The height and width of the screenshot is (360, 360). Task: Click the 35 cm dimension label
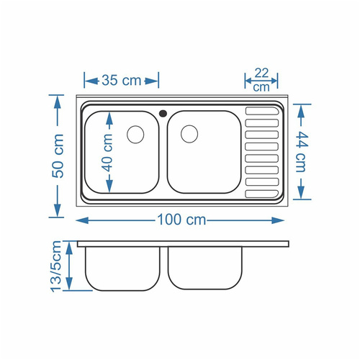point(122,81)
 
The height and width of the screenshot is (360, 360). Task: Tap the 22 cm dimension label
point(261,80)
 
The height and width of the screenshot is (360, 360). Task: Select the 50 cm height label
point(58,156)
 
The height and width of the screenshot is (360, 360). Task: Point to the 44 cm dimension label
point(301,152)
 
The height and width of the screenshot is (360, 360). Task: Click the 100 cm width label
point(181,220)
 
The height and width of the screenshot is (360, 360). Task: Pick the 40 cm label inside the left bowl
point(107,153)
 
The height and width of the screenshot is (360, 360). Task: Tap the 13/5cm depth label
point(56,266)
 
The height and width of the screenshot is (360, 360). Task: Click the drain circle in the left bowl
point(135,135)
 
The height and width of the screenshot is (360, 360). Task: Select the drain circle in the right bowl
point(189,134)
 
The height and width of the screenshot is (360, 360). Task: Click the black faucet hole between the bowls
point(163,113)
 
